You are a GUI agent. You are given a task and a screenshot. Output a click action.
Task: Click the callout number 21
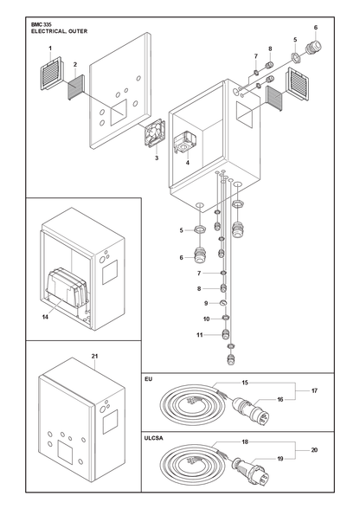point(94,356)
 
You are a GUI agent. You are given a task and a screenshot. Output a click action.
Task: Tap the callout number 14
point(45,317)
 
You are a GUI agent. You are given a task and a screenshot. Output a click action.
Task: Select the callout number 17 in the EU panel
point(314,391)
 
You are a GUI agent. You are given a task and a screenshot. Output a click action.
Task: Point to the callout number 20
point(314,450)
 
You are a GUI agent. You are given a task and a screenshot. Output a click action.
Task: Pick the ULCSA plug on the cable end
point(251,469)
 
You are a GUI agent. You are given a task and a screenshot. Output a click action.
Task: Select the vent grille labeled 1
point(51,74)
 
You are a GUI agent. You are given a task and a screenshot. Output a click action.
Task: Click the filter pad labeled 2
point(76,87)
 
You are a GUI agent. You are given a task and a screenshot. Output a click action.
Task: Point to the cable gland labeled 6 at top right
point(313,48)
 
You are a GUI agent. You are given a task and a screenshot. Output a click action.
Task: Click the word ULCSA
point(153,438)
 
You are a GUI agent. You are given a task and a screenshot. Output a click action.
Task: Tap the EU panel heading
point(148,379)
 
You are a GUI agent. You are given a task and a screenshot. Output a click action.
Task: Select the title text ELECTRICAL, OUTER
point(59,31)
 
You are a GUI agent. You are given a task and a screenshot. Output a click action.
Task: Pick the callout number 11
point(200,335)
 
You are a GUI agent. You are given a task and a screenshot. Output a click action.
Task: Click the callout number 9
point(206,303)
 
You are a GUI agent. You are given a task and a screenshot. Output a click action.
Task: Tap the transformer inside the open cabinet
point(66,288)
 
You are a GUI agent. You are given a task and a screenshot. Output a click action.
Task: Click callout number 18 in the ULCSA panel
point(245,441)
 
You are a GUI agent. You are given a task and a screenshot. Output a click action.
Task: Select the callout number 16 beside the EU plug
point(280,400)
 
